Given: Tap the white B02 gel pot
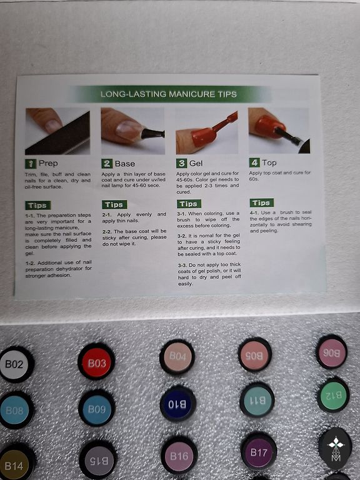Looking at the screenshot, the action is (x=15, y=364).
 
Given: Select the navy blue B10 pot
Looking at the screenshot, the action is (x=178, y=404).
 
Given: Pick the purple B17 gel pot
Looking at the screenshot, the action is (x=259, y=451).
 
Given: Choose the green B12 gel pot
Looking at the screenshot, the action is (x=333, y=396).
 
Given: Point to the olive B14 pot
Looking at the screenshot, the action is (x=15, y=465).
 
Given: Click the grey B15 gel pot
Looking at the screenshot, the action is (x=98, y=461).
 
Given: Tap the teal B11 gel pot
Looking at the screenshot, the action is (x=257, y=401).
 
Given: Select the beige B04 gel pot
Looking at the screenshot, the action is (x=177, y=357).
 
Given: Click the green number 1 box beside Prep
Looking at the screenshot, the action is (x=31, y=164).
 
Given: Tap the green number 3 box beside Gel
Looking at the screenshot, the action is (x=181, y=163).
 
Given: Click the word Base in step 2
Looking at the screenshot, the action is (x=125, y=164).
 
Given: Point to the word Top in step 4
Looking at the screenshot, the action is (x=269, y=162).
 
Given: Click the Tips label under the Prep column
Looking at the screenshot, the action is (x=38, y=205).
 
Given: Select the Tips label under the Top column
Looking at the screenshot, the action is (x=262, y=202).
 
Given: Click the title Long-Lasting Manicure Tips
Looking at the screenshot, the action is (x=169, y=94).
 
